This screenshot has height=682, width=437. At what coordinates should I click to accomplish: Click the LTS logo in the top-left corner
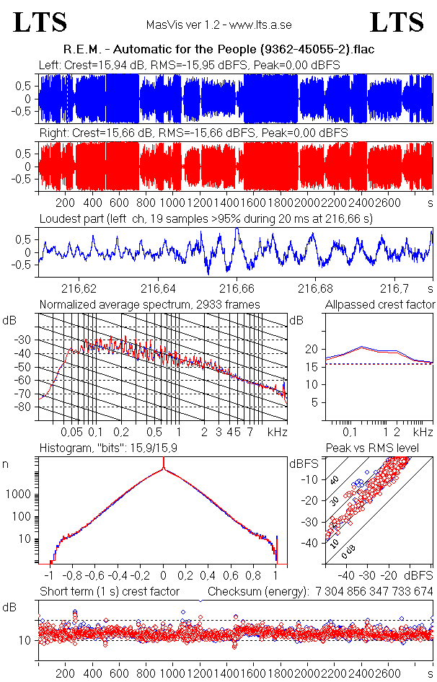40,22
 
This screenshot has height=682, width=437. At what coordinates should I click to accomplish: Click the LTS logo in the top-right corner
397,22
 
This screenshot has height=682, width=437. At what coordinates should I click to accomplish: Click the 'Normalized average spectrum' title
150,304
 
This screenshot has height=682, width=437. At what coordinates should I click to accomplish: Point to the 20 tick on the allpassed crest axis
312,350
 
